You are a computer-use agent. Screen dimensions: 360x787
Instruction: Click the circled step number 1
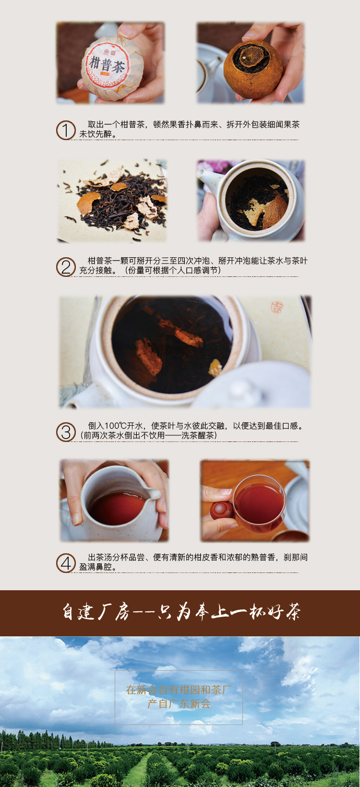(66, 131)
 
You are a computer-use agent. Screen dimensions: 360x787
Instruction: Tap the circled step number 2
(66, 267)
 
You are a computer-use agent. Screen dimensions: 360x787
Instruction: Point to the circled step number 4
(66, 563)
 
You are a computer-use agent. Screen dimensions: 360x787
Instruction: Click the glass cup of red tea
(260, 503)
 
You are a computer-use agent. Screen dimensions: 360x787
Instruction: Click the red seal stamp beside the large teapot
(276, 307)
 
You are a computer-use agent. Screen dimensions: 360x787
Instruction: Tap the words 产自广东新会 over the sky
(179, 704)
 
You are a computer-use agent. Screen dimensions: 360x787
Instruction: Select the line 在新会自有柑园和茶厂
(179, 690)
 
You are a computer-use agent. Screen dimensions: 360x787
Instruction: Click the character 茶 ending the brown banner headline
(293, 612)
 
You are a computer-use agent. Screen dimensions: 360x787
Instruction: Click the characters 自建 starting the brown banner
(78, 612)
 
